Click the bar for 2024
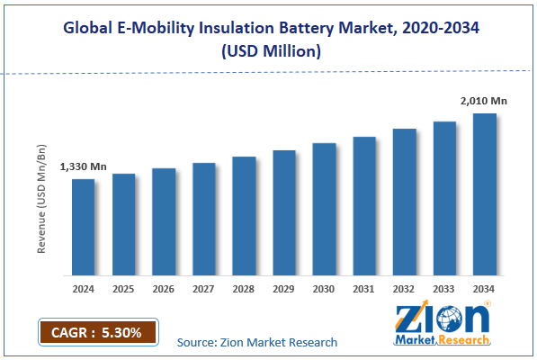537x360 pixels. (83, 227)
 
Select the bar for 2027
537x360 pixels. (204, 219)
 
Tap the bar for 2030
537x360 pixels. (324, 209)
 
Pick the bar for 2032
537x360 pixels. (405, 202)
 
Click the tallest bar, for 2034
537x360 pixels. (485, 194)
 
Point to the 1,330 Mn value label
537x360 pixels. (83, 166)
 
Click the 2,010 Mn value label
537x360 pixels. (485, 101)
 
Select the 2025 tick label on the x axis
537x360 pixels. (123, 289)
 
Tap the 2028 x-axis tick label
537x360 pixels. (244, 289)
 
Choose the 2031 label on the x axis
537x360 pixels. (364, 289)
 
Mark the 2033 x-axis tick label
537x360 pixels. (444, 289)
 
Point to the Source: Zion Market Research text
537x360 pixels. (257, 342)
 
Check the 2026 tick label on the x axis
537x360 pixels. (164, 289)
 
